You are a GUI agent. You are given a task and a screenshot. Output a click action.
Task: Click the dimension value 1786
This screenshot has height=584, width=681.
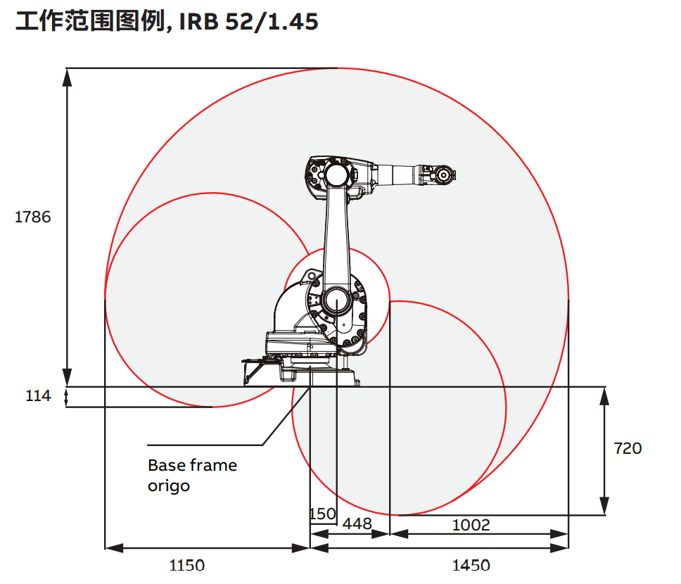[x=33, y=217]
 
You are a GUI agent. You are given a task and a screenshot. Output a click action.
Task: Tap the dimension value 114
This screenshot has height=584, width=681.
[x=38, y=396]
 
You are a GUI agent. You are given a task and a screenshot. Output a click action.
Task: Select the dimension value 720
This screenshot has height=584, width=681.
[x=628, y=448]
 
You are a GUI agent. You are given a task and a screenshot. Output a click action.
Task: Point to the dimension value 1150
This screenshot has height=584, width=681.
[x=186, y=565]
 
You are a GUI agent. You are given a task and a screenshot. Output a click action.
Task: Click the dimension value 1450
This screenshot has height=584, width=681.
[x=471, y=565]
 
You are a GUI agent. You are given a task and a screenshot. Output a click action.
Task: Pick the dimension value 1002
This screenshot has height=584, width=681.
[x=471, y=525]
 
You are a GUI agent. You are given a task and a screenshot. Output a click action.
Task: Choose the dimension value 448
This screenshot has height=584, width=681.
[x=357, y=525]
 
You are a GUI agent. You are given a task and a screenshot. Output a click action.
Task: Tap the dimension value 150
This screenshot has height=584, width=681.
[x=323, y=514]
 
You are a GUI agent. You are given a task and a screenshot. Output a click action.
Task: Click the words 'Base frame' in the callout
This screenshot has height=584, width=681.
[x=192, y=466]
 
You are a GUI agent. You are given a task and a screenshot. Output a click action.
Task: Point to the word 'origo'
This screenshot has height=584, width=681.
[x=169, y=486]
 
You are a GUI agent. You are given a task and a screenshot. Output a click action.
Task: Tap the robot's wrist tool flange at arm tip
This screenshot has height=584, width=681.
[x=443, y=174]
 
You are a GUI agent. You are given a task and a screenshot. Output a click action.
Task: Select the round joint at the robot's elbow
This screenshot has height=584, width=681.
[x=336, y=174]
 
